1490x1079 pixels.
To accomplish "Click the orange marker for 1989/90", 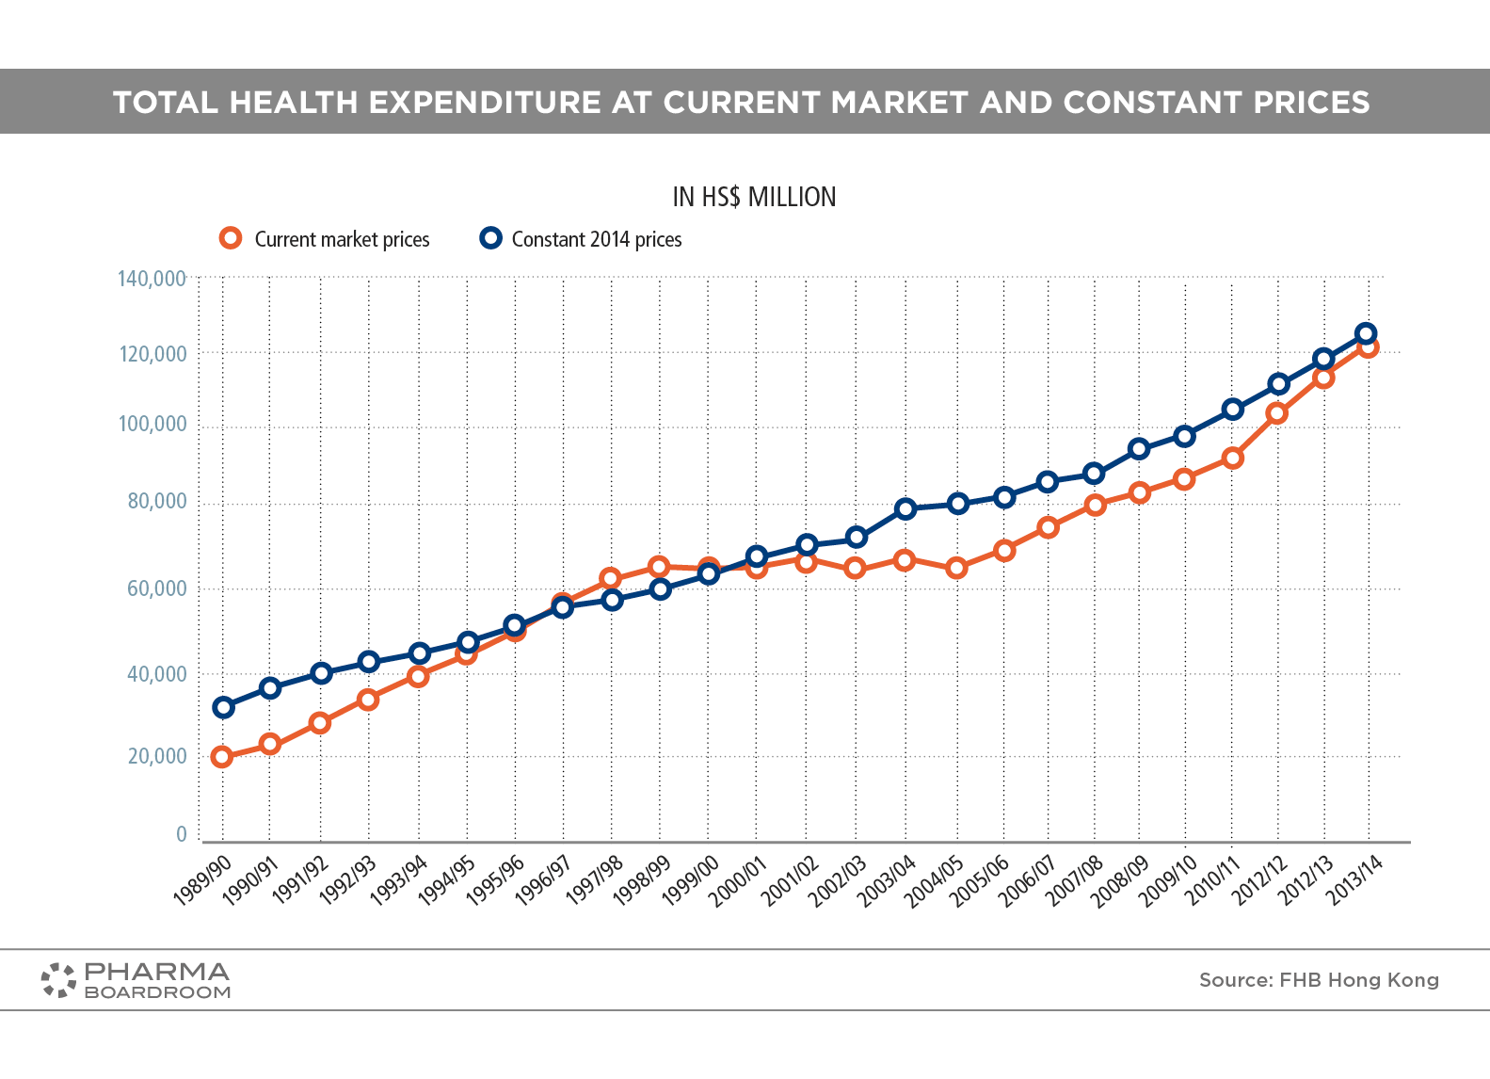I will point(222,757).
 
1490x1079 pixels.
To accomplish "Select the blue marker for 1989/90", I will point(223,707).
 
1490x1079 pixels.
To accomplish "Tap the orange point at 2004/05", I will point(956,568).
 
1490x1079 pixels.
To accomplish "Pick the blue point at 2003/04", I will point(905,509).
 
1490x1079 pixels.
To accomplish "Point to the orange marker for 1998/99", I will point(659,567).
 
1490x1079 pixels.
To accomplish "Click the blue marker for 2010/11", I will point(1233,410).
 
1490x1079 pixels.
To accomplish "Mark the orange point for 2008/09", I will point(1139,492).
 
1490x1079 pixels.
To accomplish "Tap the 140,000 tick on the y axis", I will point(152,279).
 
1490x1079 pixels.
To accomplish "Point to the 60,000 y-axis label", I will point(157,589).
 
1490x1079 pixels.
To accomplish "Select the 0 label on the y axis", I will point(182,834).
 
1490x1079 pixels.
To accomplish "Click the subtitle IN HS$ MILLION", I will point(754,197).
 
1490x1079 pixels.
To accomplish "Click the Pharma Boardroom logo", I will point(136,980).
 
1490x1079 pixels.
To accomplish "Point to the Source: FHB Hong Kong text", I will point(1319,980).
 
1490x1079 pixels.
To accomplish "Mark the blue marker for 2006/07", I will point(1048,482).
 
